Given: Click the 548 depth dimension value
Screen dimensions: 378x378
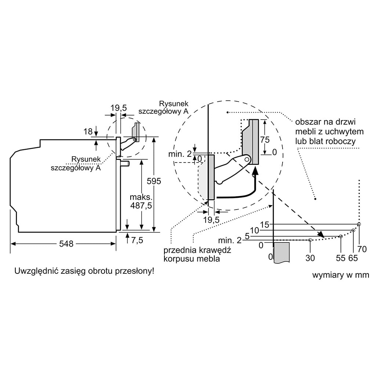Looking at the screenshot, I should (x=66, y=244).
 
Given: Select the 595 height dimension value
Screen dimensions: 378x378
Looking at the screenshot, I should (x=154, y=181).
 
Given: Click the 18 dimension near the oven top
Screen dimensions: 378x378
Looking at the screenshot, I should (x=87, y=131).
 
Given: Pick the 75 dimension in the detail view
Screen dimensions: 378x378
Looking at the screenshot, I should (x=264, y=139).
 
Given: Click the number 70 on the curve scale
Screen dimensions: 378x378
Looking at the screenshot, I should (x=362, y=249).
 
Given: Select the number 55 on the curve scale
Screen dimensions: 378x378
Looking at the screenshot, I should (x=341, y=258).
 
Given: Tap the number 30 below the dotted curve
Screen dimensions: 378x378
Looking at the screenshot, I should (x=310, y=258).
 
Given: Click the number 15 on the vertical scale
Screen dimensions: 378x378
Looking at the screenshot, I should (x=265, y=225).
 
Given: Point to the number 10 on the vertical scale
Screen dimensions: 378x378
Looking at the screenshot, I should (x=255, y=230).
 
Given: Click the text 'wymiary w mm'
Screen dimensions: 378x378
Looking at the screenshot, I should (x=341, y=275).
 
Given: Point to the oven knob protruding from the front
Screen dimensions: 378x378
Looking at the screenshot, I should (x=125, y=163).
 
